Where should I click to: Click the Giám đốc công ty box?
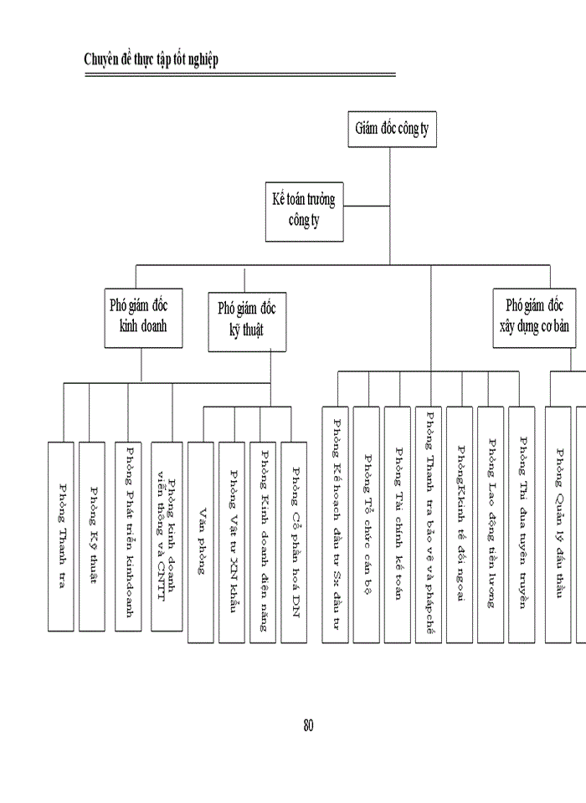point(390,130)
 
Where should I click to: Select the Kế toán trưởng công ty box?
point(304,211)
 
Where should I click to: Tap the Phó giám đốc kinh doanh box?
point(139,316)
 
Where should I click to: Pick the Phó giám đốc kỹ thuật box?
point(247,320)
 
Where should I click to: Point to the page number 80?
point(308,725)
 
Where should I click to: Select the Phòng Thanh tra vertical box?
point(61,535)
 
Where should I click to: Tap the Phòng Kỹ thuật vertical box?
point(93,535)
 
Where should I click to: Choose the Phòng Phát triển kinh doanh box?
point(129,535)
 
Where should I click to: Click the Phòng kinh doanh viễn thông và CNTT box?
point(167,535)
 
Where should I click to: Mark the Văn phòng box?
point(201,541)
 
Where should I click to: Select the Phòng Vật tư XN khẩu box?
point(232,541)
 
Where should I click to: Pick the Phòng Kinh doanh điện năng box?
point(263,541)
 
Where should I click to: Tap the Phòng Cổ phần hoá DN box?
point(294,541)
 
